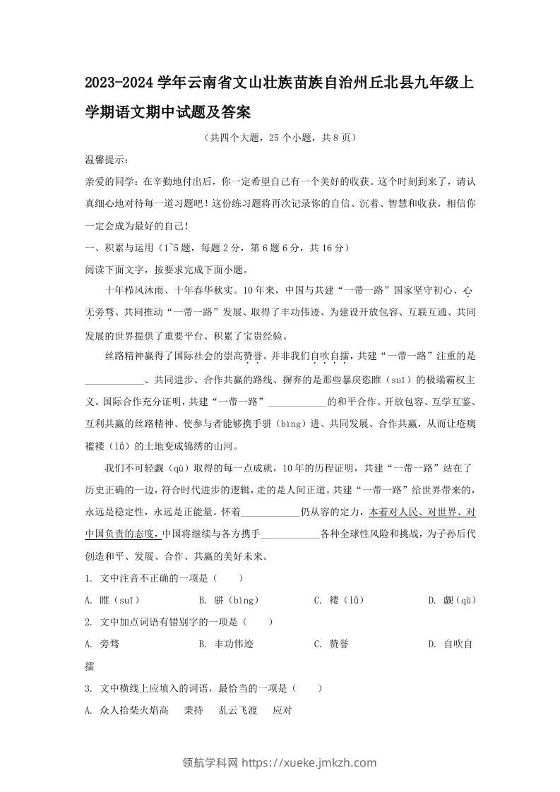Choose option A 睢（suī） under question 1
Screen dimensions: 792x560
[x=112, y=600]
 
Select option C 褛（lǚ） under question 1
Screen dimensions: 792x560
[x=339, y=600]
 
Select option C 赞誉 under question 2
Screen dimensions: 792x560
[x=331, y=644]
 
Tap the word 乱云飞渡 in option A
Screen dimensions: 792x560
[x=237, y=710]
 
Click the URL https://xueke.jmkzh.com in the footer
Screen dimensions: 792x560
[x=309, y=762]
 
